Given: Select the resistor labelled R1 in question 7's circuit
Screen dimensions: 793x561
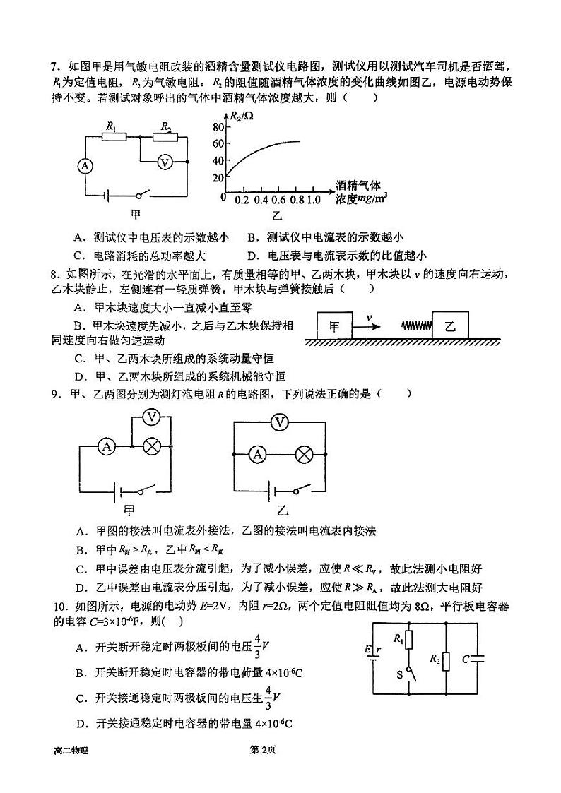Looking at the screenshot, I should tap(113, 137).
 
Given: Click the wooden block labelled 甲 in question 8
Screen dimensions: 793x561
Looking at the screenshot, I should tap(335, 326).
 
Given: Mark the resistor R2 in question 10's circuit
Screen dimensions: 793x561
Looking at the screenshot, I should tap(446, 662).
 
